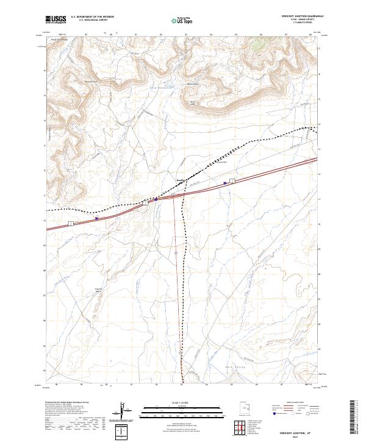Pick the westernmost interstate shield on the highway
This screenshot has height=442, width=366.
(71, 224)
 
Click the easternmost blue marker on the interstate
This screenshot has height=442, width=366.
(225, 182)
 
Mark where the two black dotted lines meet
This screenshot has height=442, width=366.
(185, 180)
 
